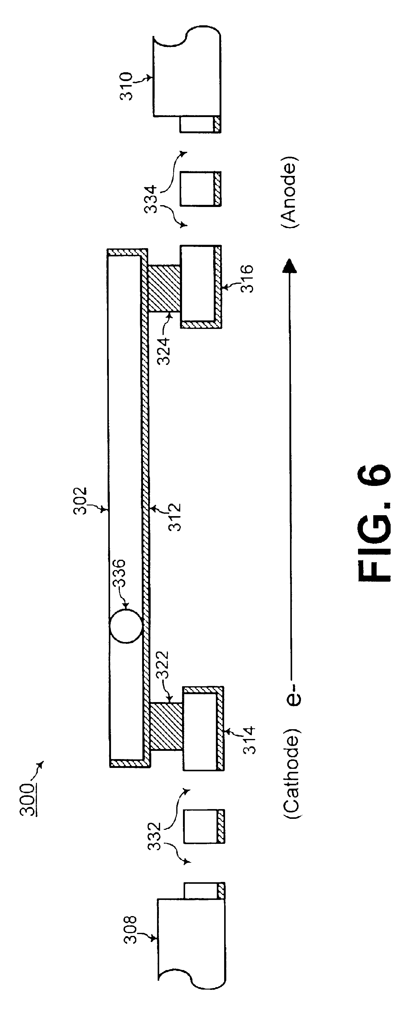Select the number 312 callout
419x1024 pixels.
174,517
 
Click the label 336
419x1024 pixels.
118,573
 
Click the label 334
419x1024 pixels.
152,200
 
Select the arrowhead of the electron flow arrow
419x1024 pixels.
290,265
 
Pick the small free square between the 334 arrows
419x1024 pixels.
200,189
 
